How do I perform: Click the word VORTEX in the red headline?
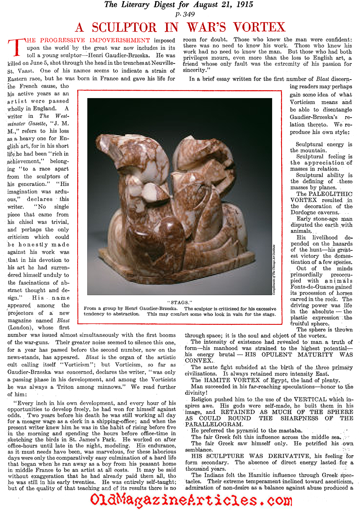(259, 27)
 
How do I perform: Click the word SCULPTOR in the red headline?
(124, 27)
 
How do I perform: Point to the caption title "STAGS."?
(180, 303)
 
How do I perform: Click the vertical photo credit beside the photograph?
(274, 270)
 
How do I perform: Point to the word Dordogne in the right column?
(303, 212)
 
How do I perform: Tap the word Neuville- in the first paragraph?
(163, 63)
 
